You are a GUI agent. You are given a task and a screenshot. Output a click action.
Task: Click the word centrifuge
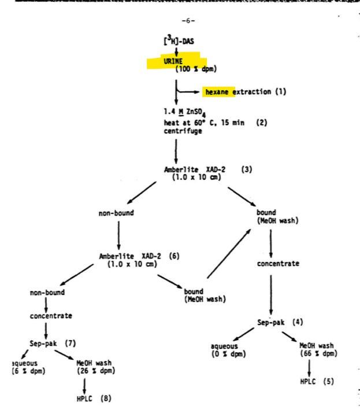tap(182, 131)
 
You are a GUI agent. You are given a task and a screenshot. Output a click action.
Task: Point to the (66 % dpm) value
tap(317, 353)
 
